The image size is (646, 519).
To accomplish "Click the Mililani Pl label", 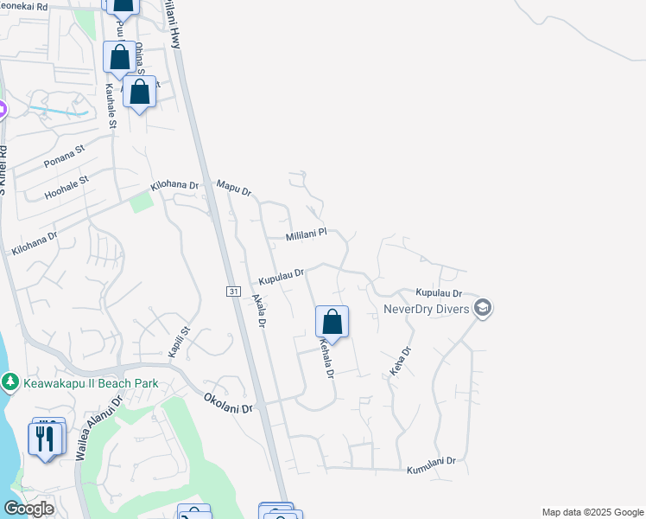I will coord(306,234).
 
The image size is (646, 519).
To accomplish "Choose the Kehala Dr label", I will coord(326,358).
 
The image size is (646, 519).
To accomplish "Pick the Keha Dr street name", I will coord(398,361).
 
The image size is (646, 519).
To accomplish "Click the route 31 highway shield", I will coord(233,292).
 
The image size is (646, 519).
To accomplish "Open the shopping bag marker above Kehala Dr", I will coord(332,324).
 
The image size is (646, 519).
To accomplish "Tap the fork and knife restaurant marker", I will coord(46,438).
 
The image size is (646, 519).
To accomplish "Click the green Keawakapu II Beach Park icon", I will coord(9,381).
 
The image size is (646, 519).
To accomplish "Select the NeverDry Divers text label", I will coord(427,309).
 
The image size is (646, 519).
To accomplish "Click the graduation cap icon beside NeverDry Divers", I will coord(483,308).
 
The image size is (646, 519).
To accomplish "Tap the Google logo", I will coord(28,509).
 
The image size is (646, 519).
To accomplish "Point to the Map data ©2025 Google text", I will coord(591,512).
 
